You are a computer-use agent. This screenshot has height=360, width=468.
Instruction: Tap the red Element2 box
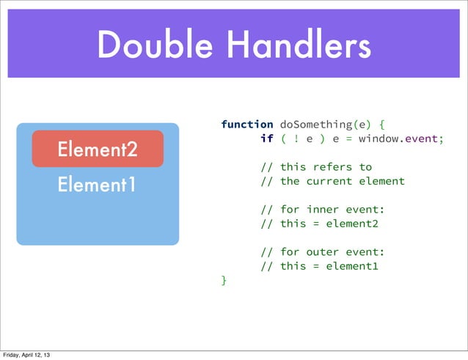pyautogui.click(x=97, y=150)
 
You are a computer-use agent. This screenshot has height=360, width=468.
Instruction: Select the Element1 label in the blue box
pyautogui.click(x=97, y=184)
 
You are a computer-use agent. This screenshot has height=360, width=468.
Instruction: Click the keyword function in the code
pyautogui.click(x=247, y=125)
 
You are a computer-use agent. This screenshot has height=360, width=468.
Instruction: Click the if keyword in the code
pyautogui.click(x=266, y=139)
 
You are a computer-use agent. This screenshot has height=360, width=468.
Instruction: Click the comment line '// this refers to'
pyautogui.click(x=315, y=167)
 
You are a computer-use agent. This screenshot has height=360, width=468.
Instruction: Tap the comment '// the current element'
pyautogui.click(x=332, y=181)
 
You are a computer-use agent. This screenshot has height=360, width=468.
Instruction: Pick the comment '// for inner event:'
pyautogui.click(x=322, y=210)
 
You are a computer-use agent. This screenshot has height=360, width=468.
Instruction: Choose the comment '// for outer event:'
pyautogui.click(x=322, y=252)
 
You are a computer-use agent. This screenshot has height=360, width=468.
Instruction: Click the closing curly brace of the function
pyautogui.click(x=224, y=280)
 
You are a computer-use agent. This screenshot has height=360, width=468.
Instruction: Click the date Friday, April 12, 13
pyautogui.click(x=26, y=355)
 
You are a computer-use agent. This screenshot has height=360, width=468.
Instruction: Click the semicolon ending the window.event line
pyautogui.click(x=441, y=139)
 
